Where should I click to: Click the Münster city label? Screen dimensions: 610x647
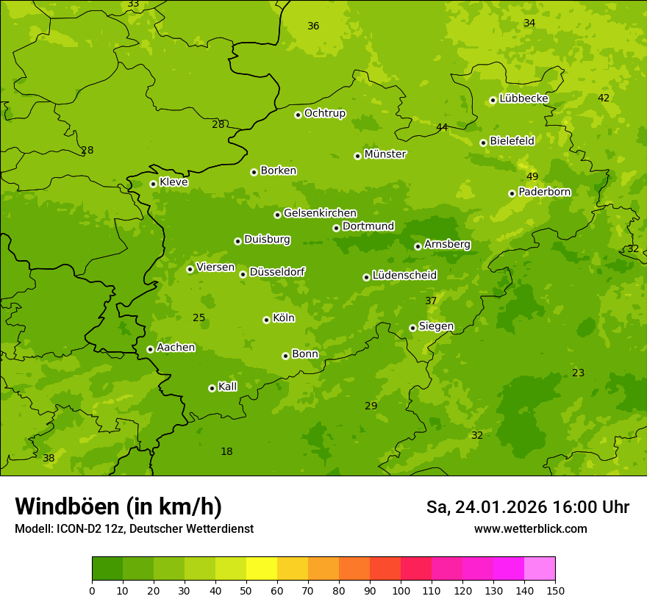[x=385, y=154]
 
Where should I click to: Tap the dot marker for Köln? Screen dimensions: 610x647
[x=266, y=320]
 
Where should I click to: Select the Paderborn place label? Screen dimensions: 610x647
[x=544, y=192]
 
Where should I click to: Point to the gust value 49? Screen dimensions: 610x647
[x=532, y=177]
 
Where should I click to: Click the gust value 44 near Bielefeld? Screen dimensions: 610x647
[x=442, y=127]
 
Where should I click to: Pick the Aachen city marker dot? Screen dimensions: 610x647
[x=150, y=349]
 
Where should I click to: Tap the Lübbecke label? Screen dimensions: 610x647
[x=523, y=98]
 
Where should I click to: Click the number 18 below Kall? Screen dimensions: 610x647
[x=226, y=451]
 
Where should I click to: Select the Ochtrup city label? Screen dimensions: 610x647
[x=325, y=113]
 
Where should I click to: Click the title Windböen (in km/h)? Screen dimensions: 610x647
[x=118, y=506]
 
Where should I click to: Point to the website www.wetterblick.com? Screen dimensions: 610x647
[x=530, y=528]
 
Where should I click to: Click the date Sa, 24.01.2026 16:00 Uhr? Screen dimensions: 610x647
[x=527, y=507]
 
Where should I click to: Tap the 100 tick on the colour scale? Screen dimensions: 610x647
[x=401, y=589]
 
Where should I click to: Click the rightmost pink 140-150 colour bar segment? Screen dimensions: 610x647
[x=540, y=569]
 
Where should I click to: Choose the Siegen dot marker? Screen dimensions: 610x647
[x=412, y=328]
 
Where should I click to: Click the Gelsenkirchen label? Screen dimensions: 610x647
[x=320, y=213]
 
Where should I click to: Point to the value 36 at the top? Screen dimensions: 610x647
[x=313, y=26]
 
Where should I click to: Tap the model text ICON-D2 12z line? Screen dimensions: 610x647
[x=134, y=528]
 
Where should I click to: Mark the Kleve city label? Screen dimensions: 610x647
[x=174, y=182]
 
